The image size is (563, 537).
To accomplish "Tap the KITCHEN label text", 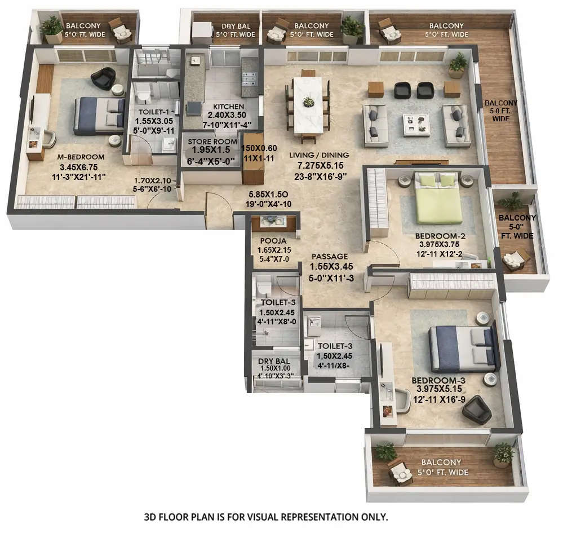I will [229, 107].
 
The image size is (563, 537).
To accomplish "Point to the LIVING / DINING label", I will [320, 155].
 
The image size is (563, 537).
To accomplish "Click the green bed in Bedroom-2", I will [438, 200].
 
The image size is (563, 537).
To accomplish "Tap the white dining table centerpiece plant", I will [308, 102].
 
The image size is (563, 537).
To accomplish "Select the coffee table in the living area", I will [416, 125].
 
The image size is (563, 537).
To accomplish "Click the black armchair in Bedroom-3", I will [476, 409].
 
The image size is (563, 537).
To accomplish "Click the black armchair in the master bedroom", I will [103, 78].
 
